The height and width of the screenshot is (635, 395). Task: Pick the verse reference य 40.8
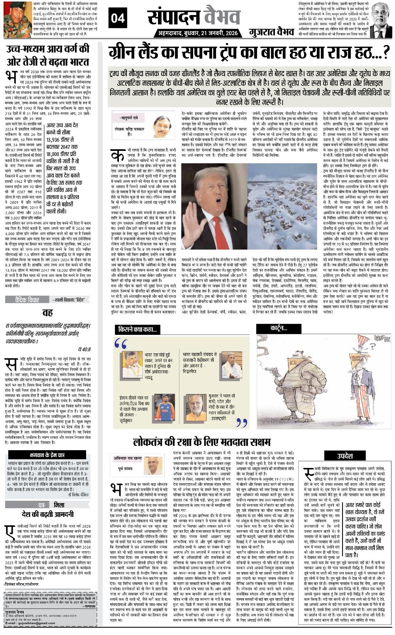[84, 349]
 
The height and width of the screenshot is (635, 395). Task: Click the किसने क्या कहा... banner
[137, 329]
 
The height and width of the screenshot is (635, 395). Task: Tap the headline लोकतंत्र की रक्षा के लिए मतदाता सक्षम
[202, 441]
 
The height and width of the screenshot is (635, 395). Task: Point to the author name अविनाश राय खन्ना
[126, 459]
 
